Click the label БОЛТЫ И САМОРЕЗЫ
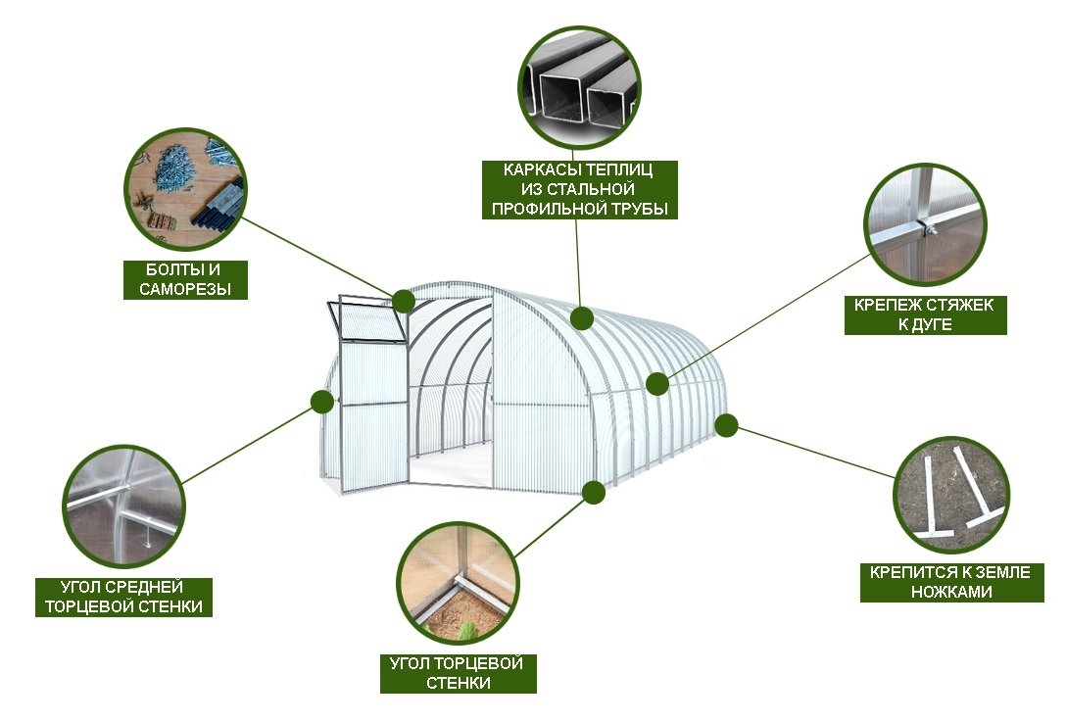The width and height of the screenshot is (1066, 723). pyautogui.click(x=185, y=279)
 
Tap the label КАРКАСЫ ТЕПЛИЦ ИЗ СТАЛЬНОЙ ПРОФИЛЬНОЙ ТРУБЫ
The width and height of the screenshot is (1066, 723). pyautogui.click(x=579, y=190)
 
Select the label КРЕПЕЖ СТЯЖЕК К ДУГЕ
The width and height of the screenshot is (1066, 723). pyautogui.click(x=925, y=313)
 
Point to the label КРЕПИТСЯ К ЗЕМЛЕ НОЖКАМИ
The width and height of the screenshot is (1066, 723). pyautogui.click(x=951, y=582)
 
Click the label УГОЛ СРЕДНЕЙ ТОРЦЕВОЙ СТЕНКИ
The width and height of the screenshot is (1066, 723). pyautogui.click(x=123, y=597)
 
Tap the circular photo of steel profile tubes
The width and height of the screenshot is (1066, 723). pyautogui.click(x=579, y=86)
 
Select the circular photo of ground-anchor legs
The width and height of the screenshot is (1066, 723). pyautogui.click(x=951, y=496)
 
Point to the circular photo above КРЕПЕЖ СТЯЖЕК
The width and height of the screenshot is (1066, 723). pyautogui.click(x=924, y=223)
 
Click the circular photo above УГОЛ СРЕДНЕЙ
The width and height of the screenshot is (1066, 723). pyautogui.click(x=123, y=506)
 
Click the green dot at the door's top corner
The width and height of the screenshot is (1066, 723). pyautogui.click(x=403, y=301)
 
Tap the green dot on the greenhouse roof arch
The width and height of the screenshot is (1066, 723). pyautogui.click(x=582, y=317)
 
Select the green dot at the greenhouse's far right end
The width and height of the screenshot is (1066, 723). pyautogui.click(x=727, y=425)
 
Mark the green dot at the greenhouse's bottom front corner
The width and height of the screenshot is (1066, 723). pyautogui.click(x=594, y=493)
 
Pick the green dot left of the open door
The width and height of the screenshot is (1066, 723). pyautogui.click(x=321, y=402)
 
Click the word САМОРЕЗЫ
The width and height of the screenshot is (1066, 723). pyautogui.click(x=185, y=289)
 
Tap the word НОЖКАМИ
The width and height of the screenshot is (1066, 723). pyautogui.click(x=951, y=591)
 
